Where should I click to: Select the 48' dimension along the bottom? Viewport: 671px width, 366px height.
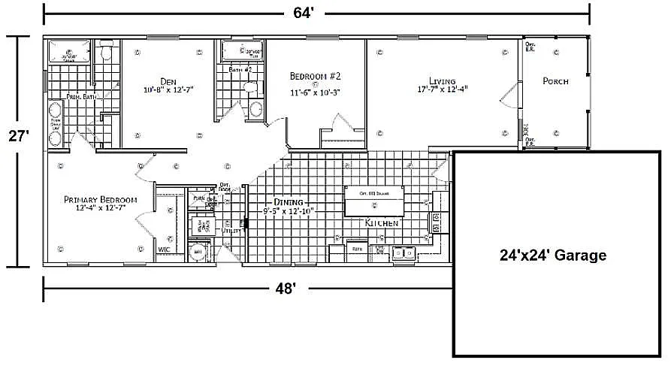point(284,288)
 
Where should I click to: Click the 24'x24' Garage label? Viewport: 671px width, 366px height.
point(552,256)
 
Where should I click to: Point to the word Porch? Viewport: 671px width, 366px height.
point(555,81)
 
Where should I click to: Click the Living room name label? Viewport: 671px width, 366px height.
point(443,80)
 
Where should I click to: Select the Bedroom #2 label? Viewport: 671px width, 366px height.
point(316,77)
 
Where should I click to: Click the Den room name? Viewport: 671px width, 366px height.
point(168,80)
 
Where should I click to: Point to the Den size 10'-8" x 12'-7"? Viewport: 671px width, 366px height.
point(168,89)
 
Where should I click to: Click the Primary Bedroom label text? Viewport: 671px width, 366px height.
point(99,199)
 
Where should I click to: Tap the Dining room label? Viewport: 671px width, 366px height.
point(289,203)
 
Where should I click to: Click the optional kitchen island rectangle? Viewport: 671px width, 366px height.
point(373,200)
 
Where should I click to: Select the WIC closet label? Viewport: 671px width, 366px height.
point(164,248)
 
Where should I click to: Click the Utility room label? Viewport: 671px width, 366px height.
point(231,231)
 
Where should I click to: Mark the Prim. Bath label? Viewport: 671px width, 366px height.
point(80,97)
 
